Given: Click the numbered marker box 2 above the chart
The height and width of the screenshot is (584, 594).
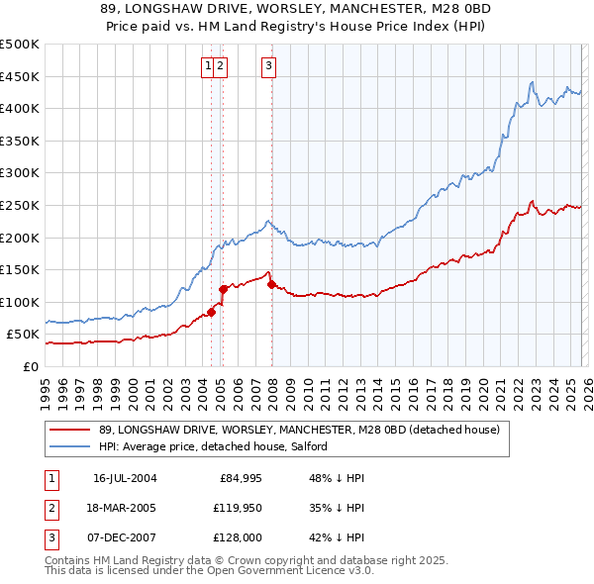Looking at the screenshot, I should (x=221, y=66).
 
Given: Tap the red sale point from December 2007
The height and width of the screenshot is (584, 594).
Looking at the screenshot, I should (x=271, y=284).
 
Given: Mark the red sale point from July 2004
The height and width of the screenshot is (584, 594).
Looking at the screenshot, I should (x=212, y=312).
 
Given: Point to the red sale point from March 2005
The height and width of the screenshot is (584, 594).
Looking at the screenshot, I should (x=223, y=289).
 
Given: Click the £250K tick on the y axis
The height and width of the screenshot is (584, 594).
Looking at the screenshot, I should (x=20, y=205).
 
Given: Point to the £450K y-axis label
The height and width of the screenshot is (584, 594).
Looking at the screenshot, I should (x=20, y=76).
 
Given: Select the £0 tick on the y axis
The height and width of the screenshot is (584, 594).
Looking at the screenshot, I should (x=30, y=366).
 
